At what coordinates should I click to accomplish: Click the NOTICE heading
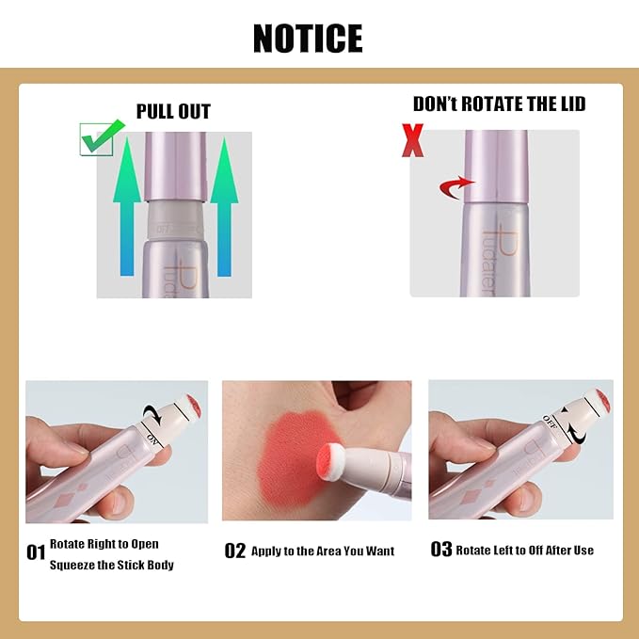pos(308,39)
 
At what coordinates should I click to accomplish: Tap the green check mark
pos(101,136)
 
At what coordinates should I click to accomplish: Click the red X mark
pos(411,140)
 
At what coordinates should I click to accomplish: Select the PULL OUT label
pos(173,112)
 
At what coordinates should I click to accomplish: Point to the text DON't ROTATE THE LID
pos(499,104)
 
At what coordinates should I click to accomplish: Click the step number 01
pos(36,552)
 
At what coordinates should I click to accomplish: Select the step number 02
pos(234,551)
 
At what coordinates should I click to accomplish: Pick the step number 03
pos(440,549)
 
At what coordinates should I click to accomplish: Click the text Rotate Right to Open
pos(104,544)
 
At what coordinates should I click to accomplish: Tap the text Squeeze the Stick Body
pos(112,565)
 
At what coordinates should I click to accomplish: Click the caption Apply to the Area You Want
pos(323,551)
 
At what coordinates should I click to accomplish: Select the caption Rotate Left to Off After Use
pos(525,550)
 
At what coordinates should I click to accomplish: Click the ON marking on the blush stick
pos(154,435)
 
